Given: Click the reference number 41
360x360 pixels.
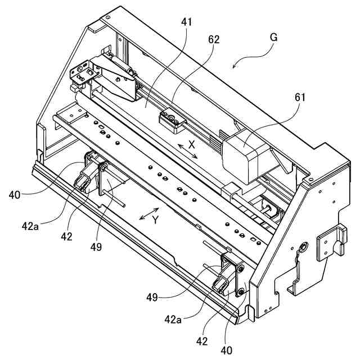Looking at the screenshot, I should point(187,23).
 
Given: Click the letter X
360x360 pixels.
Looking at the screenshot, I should point(191,144).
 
